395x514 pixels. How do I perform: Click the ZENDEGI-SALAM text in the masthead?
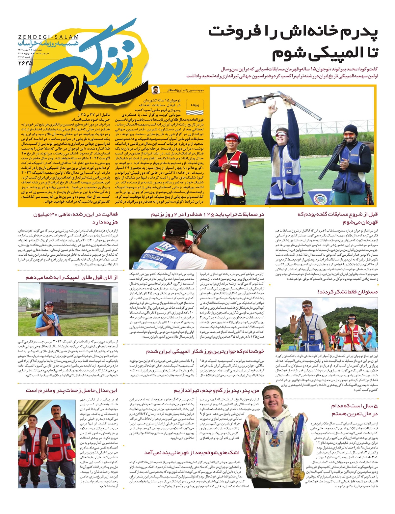[x=49, y=37]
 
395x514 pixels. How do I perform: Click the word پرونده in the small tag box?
[x=195, y=105]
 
